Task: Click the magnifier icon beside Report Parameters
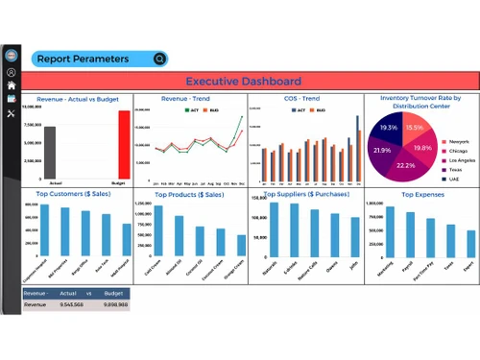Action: [159, 59]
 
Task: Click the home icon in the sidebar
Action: [12, 85]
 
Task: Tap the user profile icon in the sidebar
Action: [12, 72]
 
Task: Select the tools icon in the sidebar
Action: [12, 114]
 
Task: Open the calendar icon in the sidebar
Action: [12, 99]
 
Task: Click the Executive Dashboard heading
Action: [243, 82]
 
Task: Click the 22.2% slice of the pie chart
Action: [407, 164]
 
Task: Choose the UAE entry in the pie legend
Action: [452, 179]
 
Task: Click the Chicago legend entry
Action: [455, 151]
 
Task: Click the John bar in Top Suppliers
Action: [354, 236]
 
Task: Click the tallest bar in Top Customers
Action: [44, 230]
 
